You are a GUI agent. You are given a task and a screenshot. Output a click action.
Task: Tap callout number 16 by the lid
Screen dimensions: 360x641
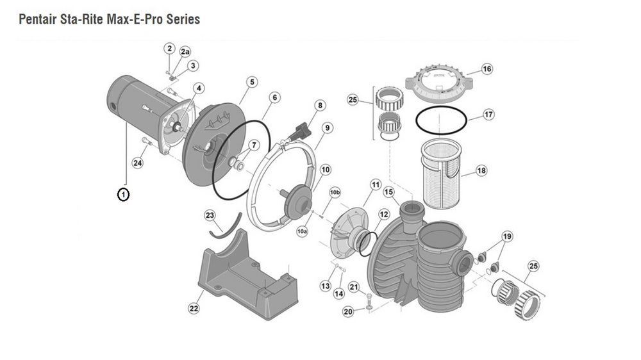[x=487, y=69]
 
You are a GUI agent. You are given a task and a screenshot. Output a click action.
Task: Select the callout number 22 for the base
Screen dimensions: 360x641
[x=194, y=309]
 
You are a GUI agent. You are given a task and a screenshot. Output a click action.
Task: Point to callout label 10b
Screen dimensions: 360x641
[x=335, y=192]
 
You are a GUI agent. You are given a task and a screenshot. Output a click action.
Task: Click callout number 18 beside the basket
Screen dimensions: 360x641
[x=482, y=171]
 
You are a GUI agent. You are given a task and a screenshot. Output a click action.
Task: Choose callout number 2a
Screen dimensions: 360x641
[x=185, y=51]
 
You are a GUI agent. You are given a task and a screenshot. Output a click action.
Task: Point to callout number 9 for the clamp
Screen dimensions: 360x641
[x=327, y=128]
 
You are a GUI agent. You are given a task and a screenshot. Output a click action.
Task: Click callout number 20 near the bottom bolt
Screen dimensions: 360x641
[x=348, y=312]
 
